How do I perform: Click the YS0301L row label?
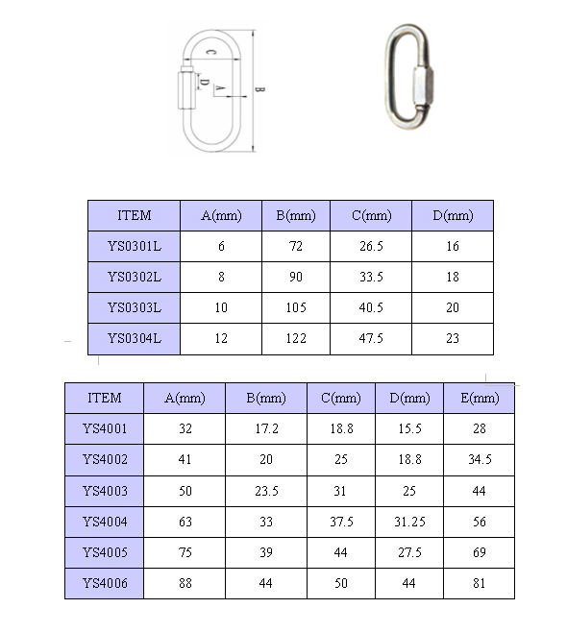pos(135,246)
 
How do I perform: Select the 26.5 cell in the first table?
pos(371,246)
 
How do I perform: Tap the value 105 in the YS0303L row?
pos(296,307)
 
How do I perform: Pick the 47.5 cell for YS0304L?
pos(371,338)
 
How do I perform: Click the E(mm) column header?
pos(480,398)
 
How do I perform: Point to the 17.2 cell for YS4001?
pos(266,428)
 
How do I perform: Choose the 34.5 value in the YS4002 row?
pos(480,459)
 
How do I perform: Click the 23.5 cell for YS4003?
pos(266,491)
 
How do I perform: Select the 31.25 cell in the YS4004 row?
pos(409,522)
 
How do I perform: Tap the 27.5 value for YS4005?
pos(409,552)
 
